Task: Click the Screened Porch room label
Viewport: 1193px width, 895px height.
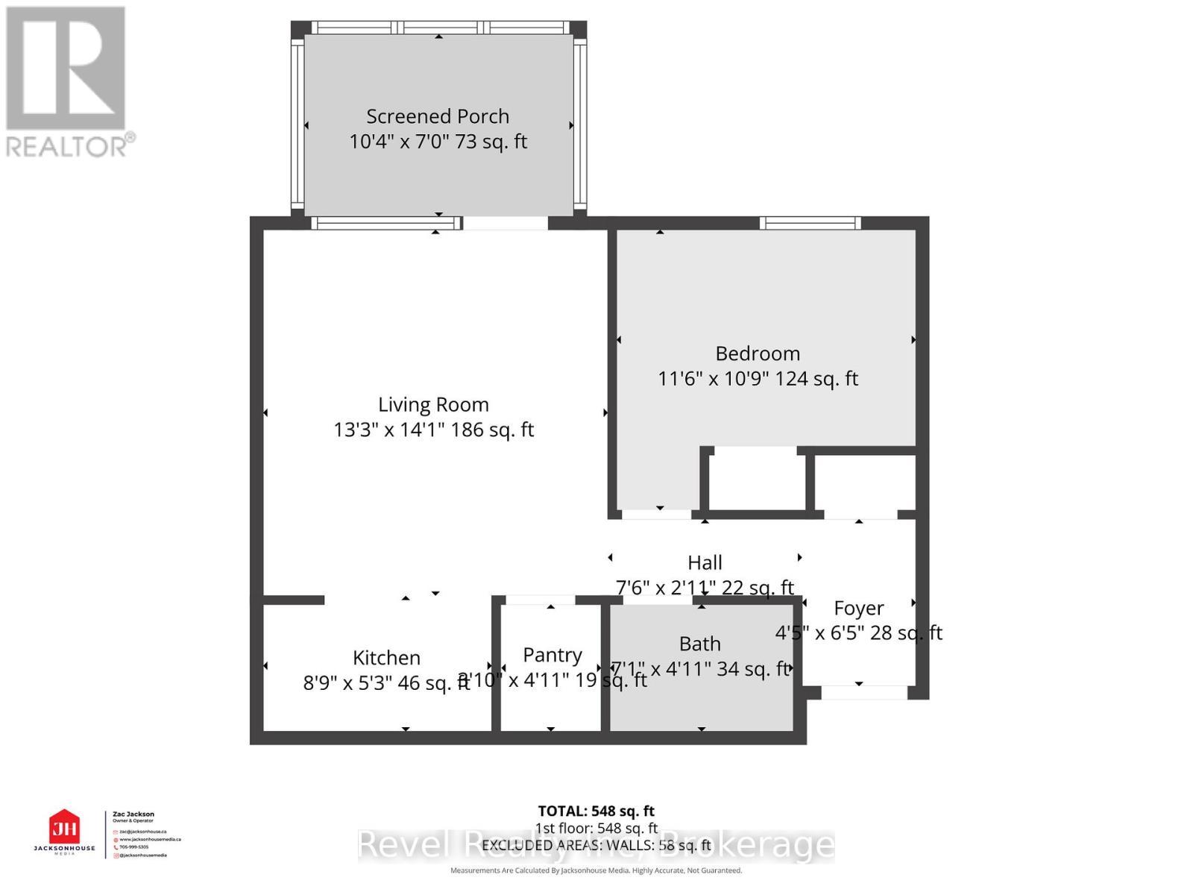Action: click(x=438, y=116)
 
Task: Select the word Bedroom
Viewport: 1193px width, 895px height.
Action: click(x=758, y=354)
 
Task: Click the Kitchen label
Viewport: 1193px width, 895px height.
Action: click(x=386, y=658)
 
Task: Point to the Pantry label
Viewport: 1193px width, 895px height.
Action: click(x=552, y=655)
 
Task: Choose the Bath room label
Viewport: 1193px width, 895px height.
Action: click(x=699, y=644)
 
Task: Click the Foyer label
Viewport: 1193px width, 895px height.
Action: click(x=858, y=609)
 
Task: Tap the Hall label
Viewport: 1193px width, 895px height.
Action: click(x=705, y=562)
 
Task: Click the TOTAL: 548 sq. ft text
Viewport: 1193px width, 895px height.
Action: click(x=596, y=811)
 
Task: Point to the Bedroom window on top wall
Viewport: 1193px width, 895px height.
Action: click(x=810, y=222)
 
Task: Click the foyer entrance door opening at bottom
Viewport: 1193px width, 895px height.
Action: click(x=863, y=693)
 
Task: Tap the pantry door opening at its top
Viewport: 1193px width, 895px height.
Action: click(x=540, y=600)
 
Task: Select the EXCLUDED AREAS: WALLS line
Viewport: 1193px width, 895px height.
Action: click(x=596, y=845)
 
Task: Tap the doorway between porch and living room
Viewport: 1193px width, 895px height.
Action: click(x=505, y=222)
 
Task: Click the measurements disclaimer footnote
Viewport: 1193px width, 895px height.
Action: click(x=596, y=870)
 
